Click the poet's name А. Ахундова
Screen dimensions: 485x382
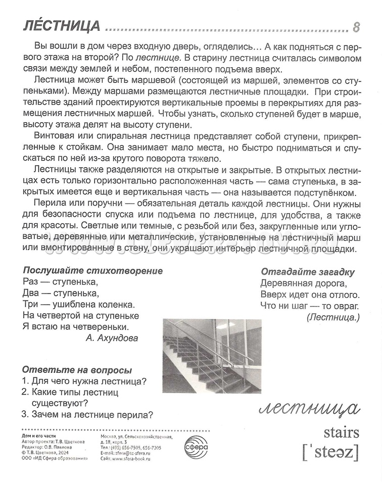pos(112,338)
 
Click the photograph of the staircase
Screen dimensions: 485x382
pos(211,356)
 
